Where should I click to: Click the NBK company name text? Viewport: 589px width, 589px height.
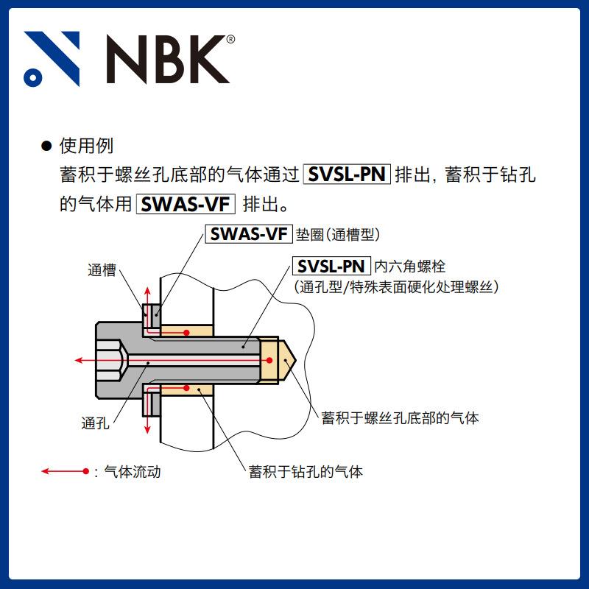tap(169, 58)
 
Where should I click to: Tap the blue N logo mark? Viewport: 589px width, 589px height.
tap(52, 58)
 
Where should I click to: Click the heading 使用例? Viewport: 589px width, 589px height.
tap(86, 146)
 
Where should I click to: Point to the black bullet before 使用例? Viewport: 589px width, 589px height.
tap(46, 147)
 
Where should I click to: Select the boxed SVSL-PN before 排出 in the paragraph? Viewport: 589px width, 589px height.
tap(348, 175)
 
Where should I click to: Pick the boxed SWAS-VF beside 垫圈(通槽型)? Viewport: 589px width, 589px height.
tap(248, 234)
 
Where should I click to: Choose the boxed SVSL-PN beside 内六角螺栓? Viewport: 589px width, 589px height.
tap(332, 267)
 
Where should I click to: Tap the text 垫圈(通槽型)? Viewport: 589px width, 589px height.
tap(337, 235)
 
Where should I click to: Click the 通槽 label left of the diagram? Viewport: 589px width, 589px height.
tap(102, 270)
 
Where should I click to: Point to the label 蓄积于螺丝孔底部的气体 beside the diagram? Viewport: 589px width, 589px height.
tap(401, 418)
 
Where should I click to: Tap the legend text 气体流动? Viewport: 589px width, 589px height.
tap(132, 471)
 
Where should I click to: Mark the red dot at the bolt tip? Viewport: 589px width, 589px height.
tap(269, 360)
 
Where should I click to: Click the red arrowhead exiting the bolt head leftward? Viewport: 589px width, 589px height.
tap(79, 360)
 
